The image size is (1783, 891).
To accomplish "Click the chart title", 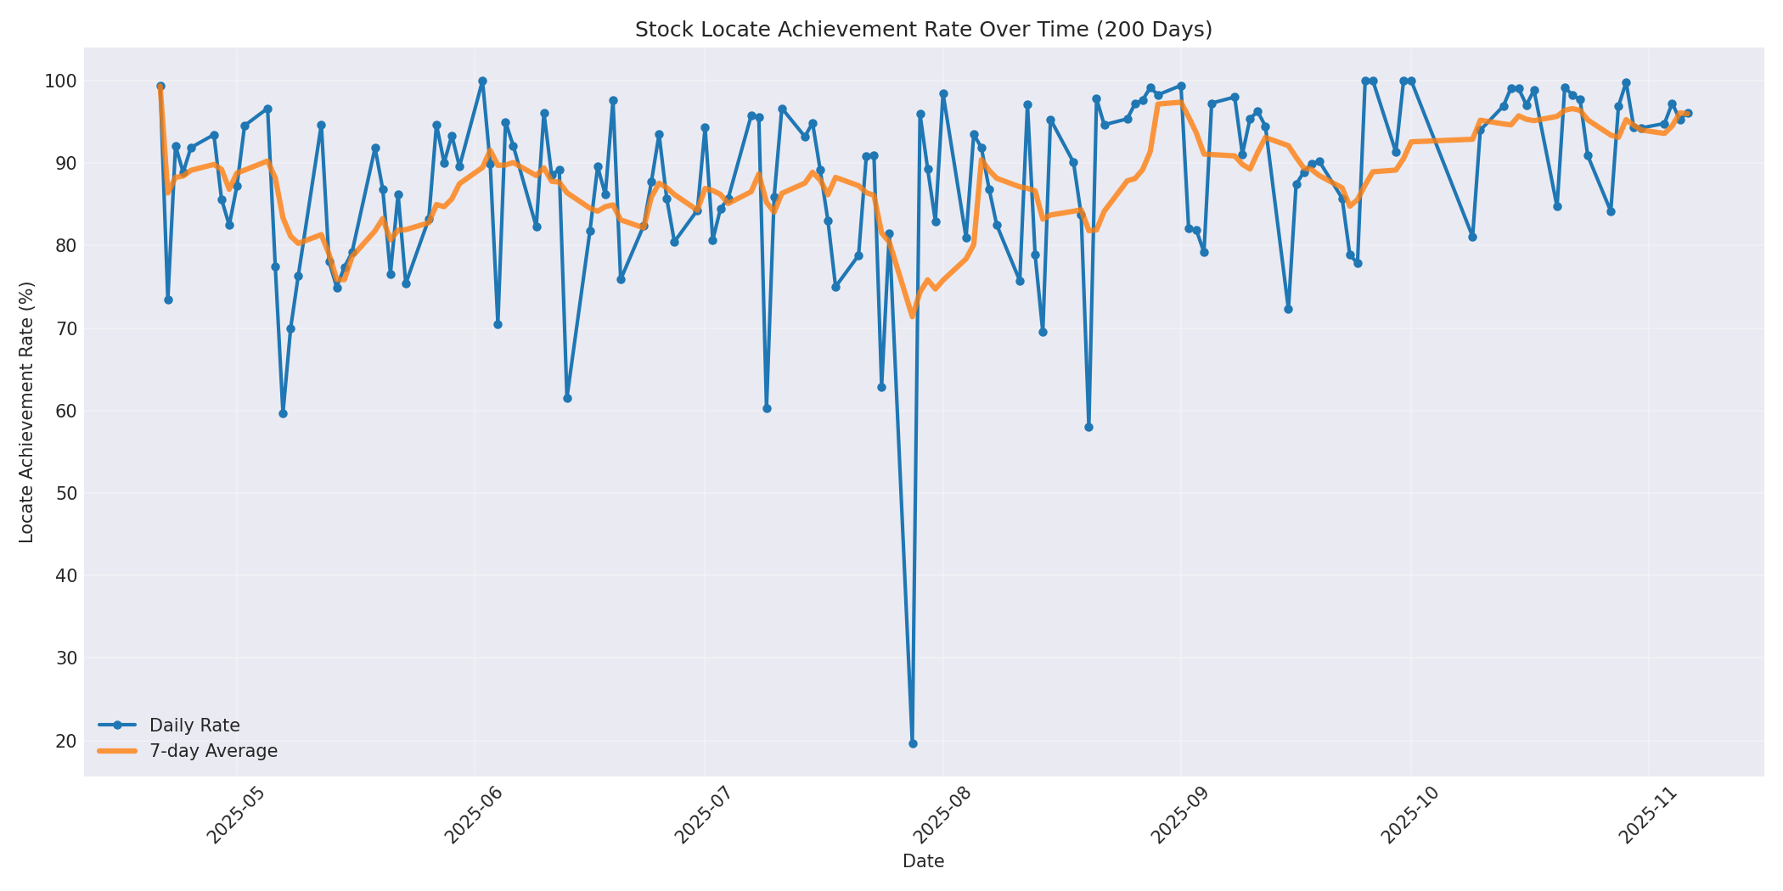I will click(x=923, y=30).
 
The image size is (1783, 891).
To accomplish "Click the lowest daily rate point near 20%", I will click(x=913, y=743).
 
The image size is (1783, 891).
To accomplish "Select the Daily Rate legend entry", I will click(x=194, y=726).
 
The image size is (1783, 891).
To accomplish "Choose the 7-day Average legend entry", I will click(x=213, y=751).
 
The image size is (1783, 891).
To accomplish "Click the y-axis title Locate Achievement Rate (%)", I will click(x=27, y=412).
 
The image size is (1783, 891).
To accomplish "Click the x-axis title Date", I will click(x=923, y=862).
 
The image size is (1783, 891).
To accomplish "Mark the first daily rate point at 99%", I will click(x=160, y=87).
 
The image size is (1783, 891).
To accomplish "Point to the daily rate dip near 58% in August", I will click(x=1088, y=427).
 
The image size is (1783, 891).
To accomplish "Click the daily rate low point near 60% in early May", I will click(x=283, y=413).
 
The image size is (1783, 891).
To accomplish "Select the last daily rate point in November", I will click(x=1688, y=113).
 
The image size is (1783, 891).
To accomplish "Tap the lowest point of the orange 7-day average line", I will click(x=913, y=317).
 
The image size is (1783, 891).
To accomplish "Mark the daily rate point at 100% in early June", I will click(x=482, y=81).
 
